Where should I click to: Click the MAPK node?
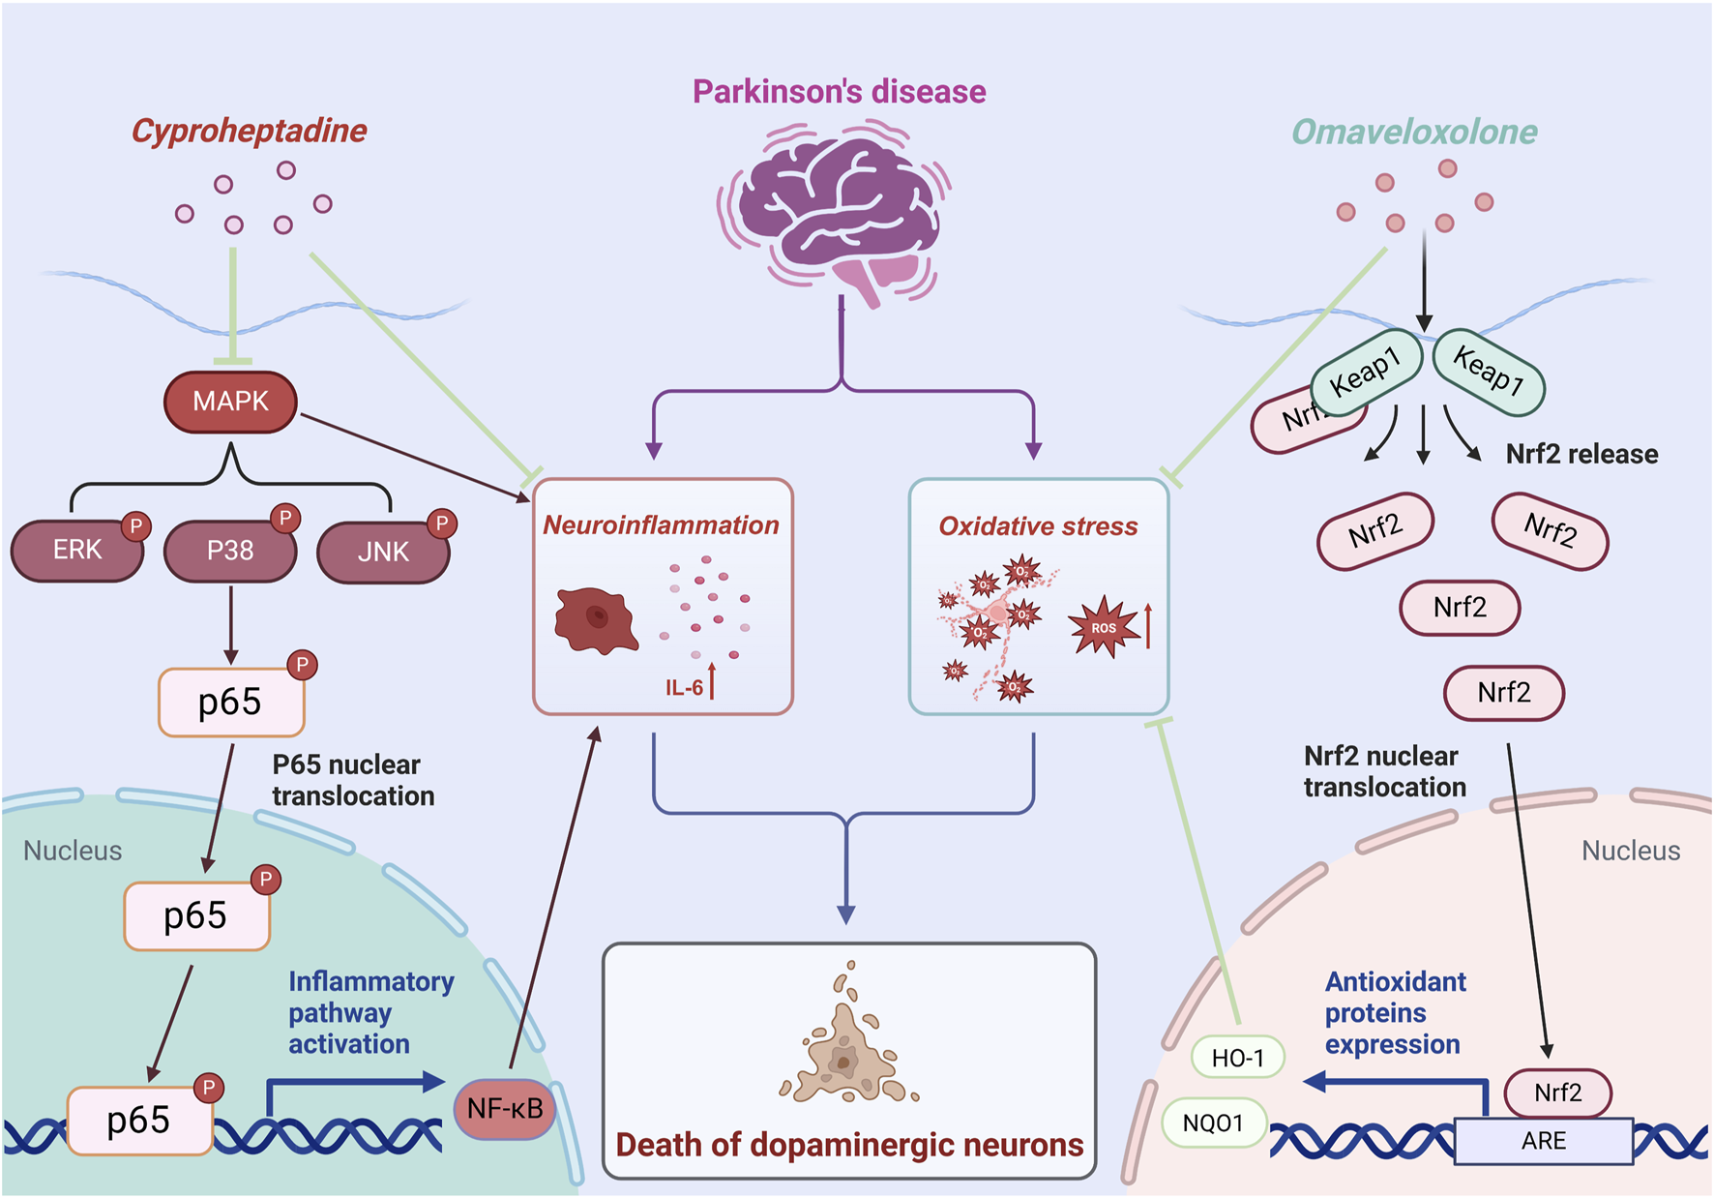(x=230, y=402)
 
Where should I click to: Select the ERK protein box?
(x=77, y=551)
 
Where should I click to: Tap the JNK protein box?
(x=383, y=553)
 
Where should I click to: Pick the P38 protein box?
(x=230, y=551)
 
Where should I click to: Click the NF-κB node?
(x=505, y=1109)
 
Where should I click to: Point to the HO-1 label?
(x=1237, y=1058)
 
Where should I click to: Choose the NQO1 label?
(x=1213, y=1123)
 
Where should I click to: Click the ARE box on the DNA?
(x=1543, y=1141)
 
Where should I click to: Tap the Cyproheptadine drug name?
(x=250, y=131)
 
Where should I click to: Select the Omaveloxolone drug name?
(x=1414, y=132)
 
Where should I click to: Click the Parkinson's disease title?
(x=839, y=92)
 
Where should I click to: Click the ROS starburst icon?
(x=1104, y=628)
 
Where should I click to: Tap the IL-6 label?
(x=684, y=688)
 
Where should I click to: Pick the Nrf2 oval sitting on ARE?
(x=1557, y=1093)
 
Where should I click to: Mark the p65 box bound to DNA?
(x=139, y=1121)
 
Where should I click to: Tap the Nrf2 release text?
(x=1581, y=454)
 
